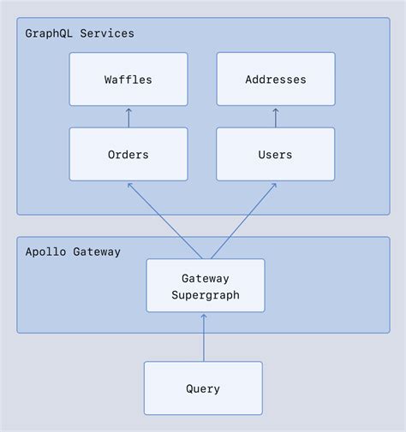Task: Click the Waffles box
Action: click(128, 80)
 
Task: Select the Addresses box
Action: click(275, 80)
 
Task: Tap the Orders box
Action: click(128, 155)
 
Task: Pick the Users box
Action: click(275, 155)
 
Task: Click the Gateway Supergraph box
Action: click(205, 286)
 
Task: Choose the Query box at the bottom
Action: click(203, 388)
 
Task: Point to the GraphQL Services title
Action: click(80, 33)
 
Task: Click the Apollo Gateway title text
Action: click(73, 252)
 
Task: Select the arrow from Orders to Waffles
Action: click(128, 118)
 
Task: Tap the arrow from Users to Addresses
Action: click(276, 118)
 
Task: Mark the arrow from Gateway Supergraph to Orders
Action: click(164, 220)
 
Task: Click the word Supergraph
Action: click(205, 294)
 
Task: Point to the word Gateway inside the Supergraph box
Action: click(205, 278)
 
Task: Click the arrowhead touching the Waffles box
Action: click(128, 110)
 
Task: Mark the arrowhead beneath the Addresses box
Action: click(276, 110)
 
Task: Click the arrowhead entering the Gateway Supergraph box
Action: click(204, 317)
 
